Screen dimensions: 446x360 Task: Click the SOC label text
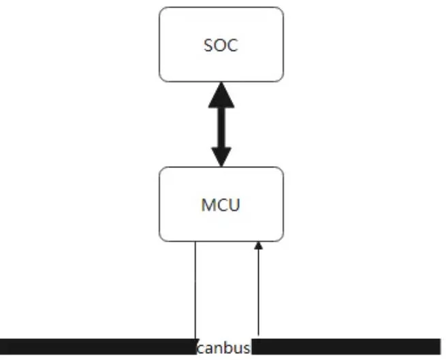pyautogui.click(x=221, y=45)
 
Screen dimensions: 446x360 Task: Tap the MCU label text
pyautogui.click(x=221, y=205)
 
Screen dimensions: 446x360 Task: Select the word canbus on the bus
pyautogui.click(x=223, y=348)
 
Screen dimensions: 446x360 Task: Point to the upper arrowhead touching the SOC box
pyautogui.click(x=221, y=95)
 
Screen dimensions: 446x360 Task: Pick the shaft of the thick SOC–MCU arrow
pyautogui.click(x=221, y=128)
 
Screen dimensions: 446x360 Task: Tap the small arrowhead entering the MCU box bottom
pyautogui.click(x=258, y=246)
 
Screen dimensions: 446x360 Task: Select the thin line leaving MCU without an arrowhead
pyautogui.click(x=195, y=290)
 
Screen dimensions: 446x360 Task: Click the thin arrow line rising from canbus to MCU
pyautogui.click(x=258, y=289)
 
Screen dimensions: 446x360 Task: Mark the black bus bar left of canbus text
pyautogui.click(x=98, y=346)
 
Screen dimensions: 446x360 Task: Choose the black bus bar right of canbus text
pyautogui.click(x=346, y=346)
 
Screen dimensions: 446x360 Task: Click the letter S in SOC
pyautogui.click(x=208, y=46)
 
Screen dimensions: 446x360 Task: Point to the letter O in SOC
pyautogui.click(x=221, y=46)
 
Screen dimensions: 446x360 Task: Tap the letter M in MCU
pyautogui.click(x=208, y=205)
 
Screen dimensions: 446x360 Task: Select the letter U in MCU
pyautogui.click(x=235, y=205)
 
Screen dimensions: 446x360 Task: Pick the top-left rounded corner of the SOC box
pyautogui.click(x=161, y=10)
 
